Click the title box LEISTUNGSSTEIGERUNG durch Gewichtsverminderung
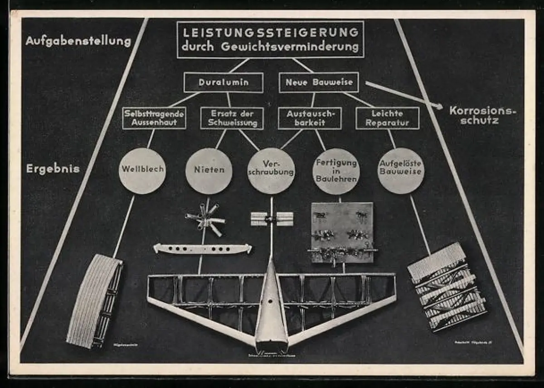(x=270, y=39)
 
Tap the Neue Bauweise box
(x=319, y=83)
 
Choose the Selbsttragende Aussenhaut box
(x=154, y=118)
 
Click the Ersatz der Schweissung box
(x=232, y=118)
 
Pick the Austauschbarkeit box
(x=310, y=118)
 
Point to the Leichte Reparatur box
(x=388, y=118)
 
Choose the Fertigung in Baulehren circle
(x=336, y=171)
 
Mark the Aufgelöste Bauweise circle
(x=401, y=171)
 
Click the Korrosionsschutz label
(x=482, y=115)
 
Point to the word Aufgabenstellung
(x=78, y=41)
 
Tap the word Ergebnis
(x=53, y=169)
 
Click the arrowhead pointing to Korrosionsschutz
(x=438, y=106)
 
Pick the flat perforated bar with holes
(x=202, y=249)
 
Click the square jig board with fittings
(x=343, y=232)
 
